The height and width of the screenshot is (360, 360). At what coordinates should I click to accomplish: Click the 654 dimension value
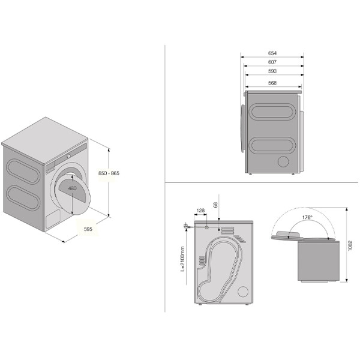(272, 53)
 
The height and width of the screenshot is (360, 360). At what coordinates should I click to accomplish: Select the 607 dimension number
(272, 62)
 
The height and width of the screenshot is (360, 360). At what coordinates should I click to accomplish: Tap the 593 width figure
(272, 71)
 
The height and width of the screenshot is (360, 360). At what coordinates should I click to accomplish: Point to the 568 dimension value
(272, 83)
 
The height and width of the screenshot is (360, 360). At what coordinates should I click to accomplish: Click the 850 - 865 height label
(109, 173)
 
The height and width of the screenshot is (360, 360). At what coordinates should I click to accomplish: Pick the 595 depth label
(88, 229)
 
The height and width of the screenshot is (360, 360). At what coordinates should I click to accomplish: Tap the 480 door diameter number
(73, 188)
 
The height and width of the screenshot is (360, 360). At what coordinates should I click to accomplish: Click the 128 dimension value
(200, 211)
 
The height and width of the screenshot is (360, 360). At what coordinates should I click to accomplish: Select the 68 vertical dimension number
(215, 205)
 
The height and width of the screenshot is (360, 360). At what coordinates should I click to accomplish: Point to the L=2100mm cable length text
(182, 259)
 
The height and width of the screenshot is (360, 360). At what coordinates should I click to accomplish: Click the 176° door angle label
(307, 217)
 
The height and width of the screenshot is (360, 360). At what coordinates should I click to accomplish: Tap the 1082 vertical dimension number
(350, 245)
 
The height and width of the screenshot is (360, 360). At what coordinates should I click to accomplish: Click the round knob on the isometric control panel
(68, 156)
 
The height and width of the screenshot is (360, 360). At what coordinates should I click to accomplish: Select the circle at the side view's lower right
(283, 161)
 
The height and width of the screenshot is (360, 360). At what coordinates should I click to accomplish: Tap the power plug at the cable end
(185, 226)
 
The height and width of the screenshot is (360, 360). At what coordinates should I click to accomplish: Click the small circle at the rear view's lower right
(243, 292)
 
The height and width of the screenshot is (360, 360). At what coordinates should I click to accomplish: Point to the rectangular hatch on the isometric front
(53, 218)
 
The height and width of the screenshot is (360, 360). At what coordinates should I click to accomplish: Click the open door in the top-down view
(287, 236)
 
